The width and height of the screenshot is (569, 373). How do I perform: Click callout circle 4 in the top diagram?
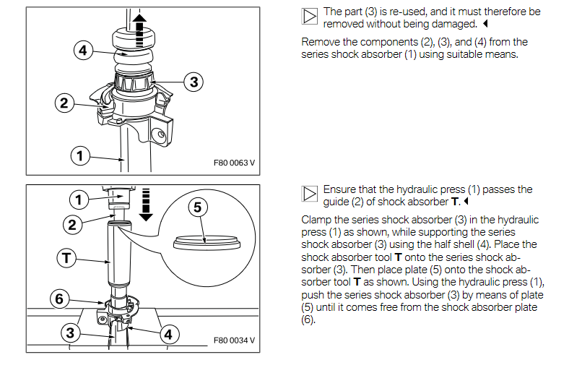(x=84, y=50)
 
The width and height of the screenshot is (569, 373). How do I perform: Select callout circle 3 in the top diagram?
(x=194, y=82)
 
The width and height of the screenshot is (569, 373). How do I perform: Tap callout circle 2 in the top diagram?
(x=64, y=103)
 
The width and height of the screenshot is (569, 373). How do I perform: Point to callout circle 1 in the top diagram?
(x=80, y=154)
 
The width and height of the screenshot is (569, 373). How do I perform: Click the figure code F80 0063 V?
(x=235, y=163)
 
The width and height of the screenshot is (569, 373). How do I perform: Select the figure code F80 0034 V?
(x=235, y=340)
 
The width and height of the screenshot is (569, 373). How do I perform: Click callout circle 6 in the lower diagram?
(x=60, y=297)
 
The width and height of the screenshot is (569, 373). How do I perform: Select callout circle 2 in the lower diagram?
(x=71, y=224)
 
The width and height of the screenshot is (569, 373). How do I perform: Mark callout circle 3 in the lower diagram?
(x=70, y=333)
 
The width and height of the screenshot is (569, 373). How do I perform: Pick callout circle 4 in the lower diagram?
(x=168, y=335)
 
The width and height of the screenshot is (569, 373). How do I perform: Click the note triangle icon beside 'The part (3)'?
(x=309, y=17)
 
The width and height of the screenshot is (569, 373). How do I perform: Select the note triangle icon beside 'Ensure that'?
(x=309, y=194)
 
